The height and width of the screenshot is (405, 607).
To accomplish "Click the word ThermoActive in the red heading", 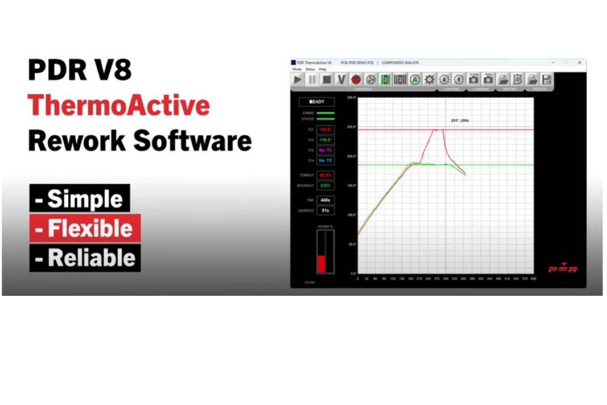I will (x=119, y=105).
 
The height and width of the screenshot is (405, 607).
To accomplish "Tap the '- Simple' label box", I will (x=80, y=199).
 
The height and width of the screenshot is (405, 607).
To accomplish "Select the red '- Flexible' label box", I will (x=85, y=228).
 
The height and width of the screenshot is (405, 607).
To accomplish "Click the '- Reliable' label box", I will (x=85, y=258).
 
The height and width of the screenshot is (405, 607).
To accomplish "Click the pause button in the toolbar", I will (x=312, y=80).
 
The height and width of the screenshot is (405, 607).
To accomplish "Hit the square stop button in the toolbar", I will (x=327, y=80).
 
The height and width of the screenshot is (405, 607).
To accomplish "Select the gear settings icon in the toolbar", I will (x=430, y=80).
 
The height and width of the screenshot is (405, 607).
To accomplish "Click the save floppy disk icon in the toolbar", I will (x=547, y=80).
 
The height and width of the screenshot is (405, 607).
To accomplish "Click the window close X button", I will (x=579, y=62).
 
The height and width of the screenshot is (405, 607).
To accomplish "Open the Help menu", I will (x=322, y=69).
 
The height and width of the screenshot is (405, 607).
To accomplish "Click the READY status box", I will (x=317, y=102).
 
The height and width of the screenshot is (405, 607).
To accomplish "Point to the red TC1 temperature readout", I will (x=325, y=130).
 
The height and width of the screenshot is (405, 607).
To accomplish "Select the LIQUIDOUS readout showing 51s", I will (x=325, y=210).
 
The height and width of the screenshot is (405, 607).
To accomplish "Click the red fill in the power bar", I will (x=321, y=263).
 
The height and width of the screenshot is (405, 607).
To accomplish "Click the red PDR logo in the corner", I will (x=562, y=268).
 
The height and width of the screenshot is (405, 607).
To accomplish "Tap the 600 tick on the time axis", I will (x=534, y=279).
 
